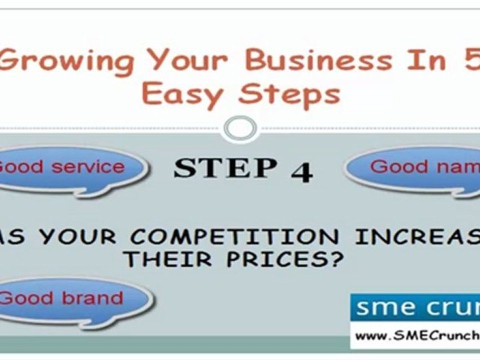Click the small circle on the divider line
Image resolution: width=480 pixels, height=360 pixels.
(x=240, y=129)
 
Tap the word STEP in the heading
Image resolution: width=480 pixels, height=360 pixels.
(x=225, y=168)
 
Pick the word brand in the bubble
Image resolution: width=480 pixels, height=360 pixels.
(x=92, y=298)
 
